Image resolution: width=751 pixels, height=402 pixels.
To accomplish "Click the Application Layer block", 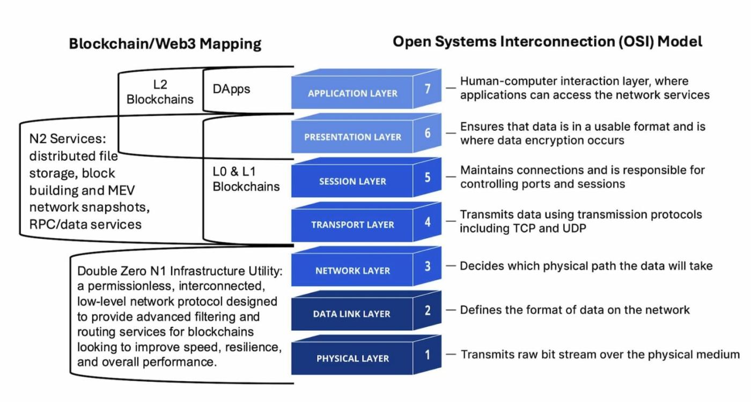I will tap(352, 93).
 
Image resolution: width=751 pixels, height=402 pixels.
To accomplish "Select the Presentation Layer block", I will tap(352, 137).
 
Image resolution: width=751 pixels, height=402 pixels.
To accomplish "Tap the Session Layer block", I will tap(352, 181).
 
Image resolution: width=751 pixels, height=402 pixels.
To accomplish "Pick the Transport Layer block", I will tap(352, 225).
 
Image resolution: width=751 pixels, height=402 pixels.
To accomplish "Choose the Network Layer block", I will tap(352, 271).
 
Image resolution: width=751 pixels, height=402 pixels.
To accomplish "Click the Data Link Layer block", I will tap(352, 314).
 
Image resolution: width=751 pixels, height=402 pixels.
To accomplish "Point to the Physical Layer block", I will tap(352, 359).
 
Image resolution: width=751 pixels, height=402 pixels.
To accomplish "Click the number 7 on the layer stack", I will tap(428, 88).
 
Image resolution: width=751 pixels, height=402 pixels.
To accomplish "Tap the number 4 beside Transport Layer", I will tap(428, 221).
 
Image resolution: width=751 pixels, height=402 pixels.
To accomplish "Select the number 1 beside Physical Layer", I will tap(428, 354).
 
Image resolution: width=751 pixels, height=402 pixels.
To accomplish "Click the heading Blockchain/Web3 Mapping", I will tap(165, 44).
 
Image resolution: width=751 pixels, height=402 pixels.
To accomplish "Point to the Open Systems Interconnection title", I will tap(547, 42).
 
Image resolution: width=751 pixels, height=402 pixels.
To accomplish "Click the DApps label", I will tap(231, 89).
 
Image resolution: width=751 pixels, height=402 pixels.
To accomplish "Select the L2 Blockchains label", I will tap(160, 92).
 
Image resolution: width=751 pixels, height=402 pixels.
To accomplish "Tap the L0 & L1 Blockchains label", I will tap(246, 180).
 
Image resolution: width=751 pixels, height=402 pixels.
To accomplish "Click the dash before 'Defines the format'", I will tap(451, 310).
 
